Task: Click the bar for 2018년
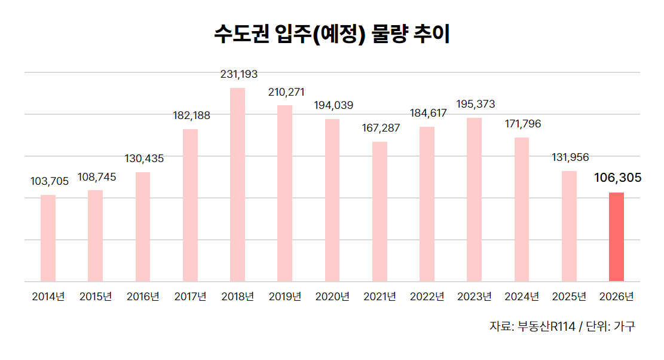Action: click(237, 184)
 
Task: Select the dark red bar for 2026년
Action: click(616, 237)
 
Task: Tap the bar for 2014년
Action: click(48, 238)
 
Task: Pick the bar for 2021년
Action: click(380, 211)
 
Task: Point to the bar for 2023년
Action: click(474, 199)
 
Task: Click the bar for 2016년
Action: click(143, 227)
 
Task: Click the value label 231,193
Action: click(238, 75)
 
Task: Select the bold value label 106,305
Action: click(617, 178)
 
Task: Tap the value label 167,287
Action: click(381, 128)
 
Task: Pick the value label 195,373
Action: click(475, 104)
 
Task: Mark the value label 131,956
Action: click(570, 157)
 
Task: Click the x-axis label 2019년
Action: click(285, 297)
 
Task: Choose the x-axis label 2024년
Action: click(522, 297)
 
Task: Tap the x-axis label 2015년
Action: click(96, 297)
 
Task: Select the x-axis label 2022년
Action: click(427, 297)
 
